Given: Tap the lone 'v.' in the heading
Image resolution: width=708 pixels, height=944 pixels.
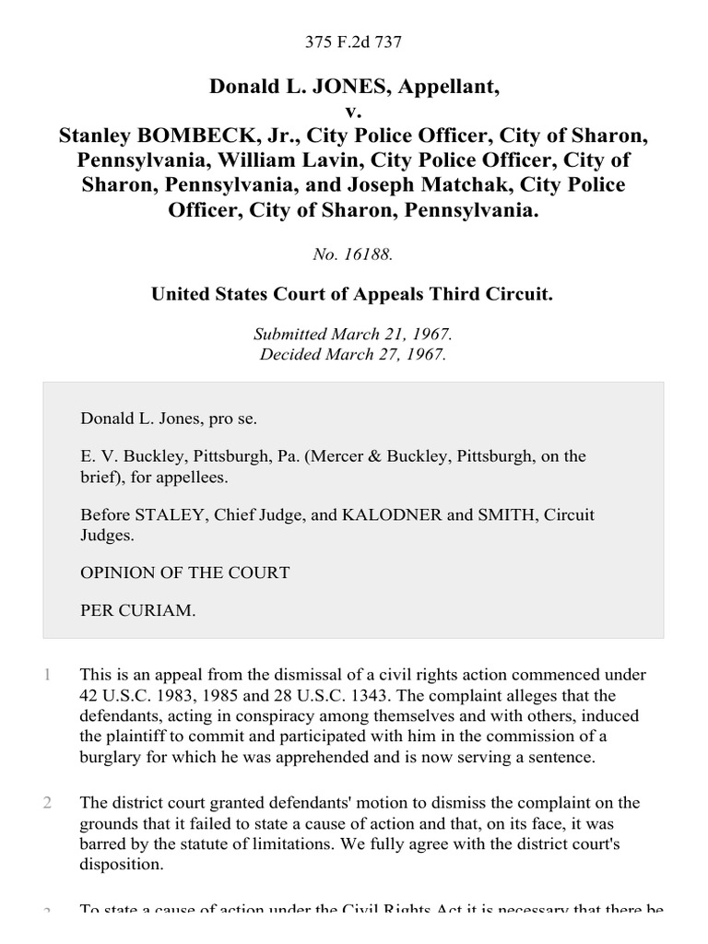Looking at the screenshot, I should tap(354, 112).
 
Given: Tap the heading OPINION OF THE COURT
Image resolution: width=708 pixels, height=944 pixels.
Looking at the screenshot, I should tap(185, 572).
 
